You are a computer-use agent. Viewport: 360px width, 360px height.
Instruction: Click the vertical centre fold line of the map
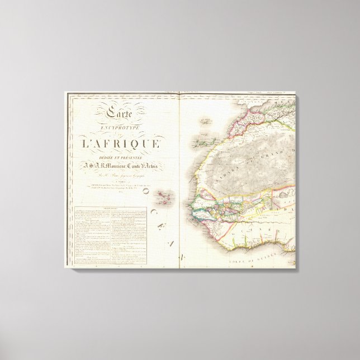click(179, 179)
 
